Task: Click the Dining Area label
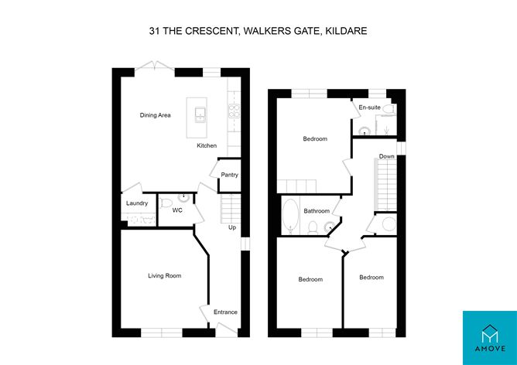pos(155,115)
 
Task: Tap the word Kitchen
pos(206,145)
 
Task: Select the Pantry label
pos(229,175)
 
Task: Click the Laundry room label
pos(137,203)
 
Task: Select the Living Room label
pos(164,275)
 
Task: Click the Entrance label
pos(225,312)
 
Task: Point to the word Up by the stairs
pos(231,227)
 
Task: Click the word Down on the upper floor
pos(387,156)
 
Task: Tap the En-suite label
pos(368,107)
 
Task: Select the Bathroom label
pos(317,211)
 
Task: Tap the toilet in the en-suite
pos(389,111)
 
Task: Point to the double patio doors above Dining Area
pos(156,69)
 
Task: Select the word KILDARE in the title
pos(345,32)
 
